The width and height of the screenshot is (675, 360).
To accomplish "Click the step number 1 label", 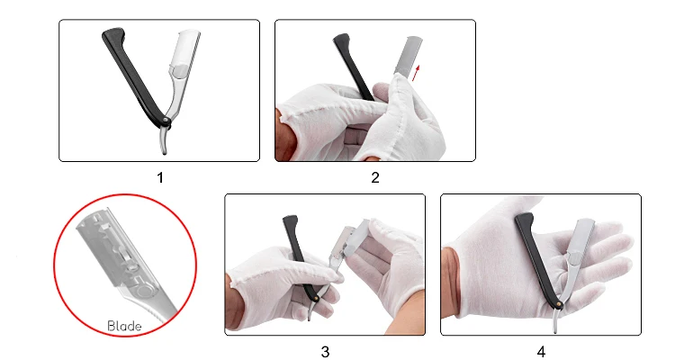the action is pyautogui.click(x=160, y=177).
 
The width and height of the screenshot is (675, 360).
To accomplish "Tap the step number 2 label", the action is pyautogui.click(x=375, y=177).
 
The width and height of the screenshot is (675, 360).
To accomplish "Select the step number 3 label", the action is pyautogui.click(x=325, y=352).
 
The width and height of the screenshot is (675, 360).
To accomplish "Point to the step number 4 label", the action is pyautogui.click(x=541, y=352).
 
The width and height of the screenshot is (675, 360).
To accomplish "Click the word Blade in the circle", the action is pyautogui.click(x=124, y=326).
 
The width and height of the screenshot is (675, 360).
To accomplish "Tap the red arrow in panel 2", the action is pyautogui.click(x=416, y=73).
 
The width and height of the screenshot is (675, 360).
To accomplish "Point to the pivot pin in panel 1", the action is pyautogui.click(x=166, y=121).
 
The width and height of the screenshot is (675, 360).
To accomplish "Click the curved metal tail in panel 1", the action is pyautogui.click(x=163, y=140).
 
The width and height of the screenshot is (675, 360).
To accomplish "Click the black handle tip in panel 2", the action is pyautogui.click(x=340, y=39).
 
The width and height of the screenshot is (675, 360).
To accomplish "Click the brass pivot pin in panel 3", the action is pyautogui.click(x=317, y=297).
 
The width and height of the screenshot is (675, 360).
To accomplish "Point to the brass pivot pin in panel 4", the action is pyautogui.click(x=560, y=304).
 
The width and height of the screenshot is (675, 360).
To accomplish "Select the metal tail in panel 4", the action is pyautogui.click(x=556, y=321).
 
